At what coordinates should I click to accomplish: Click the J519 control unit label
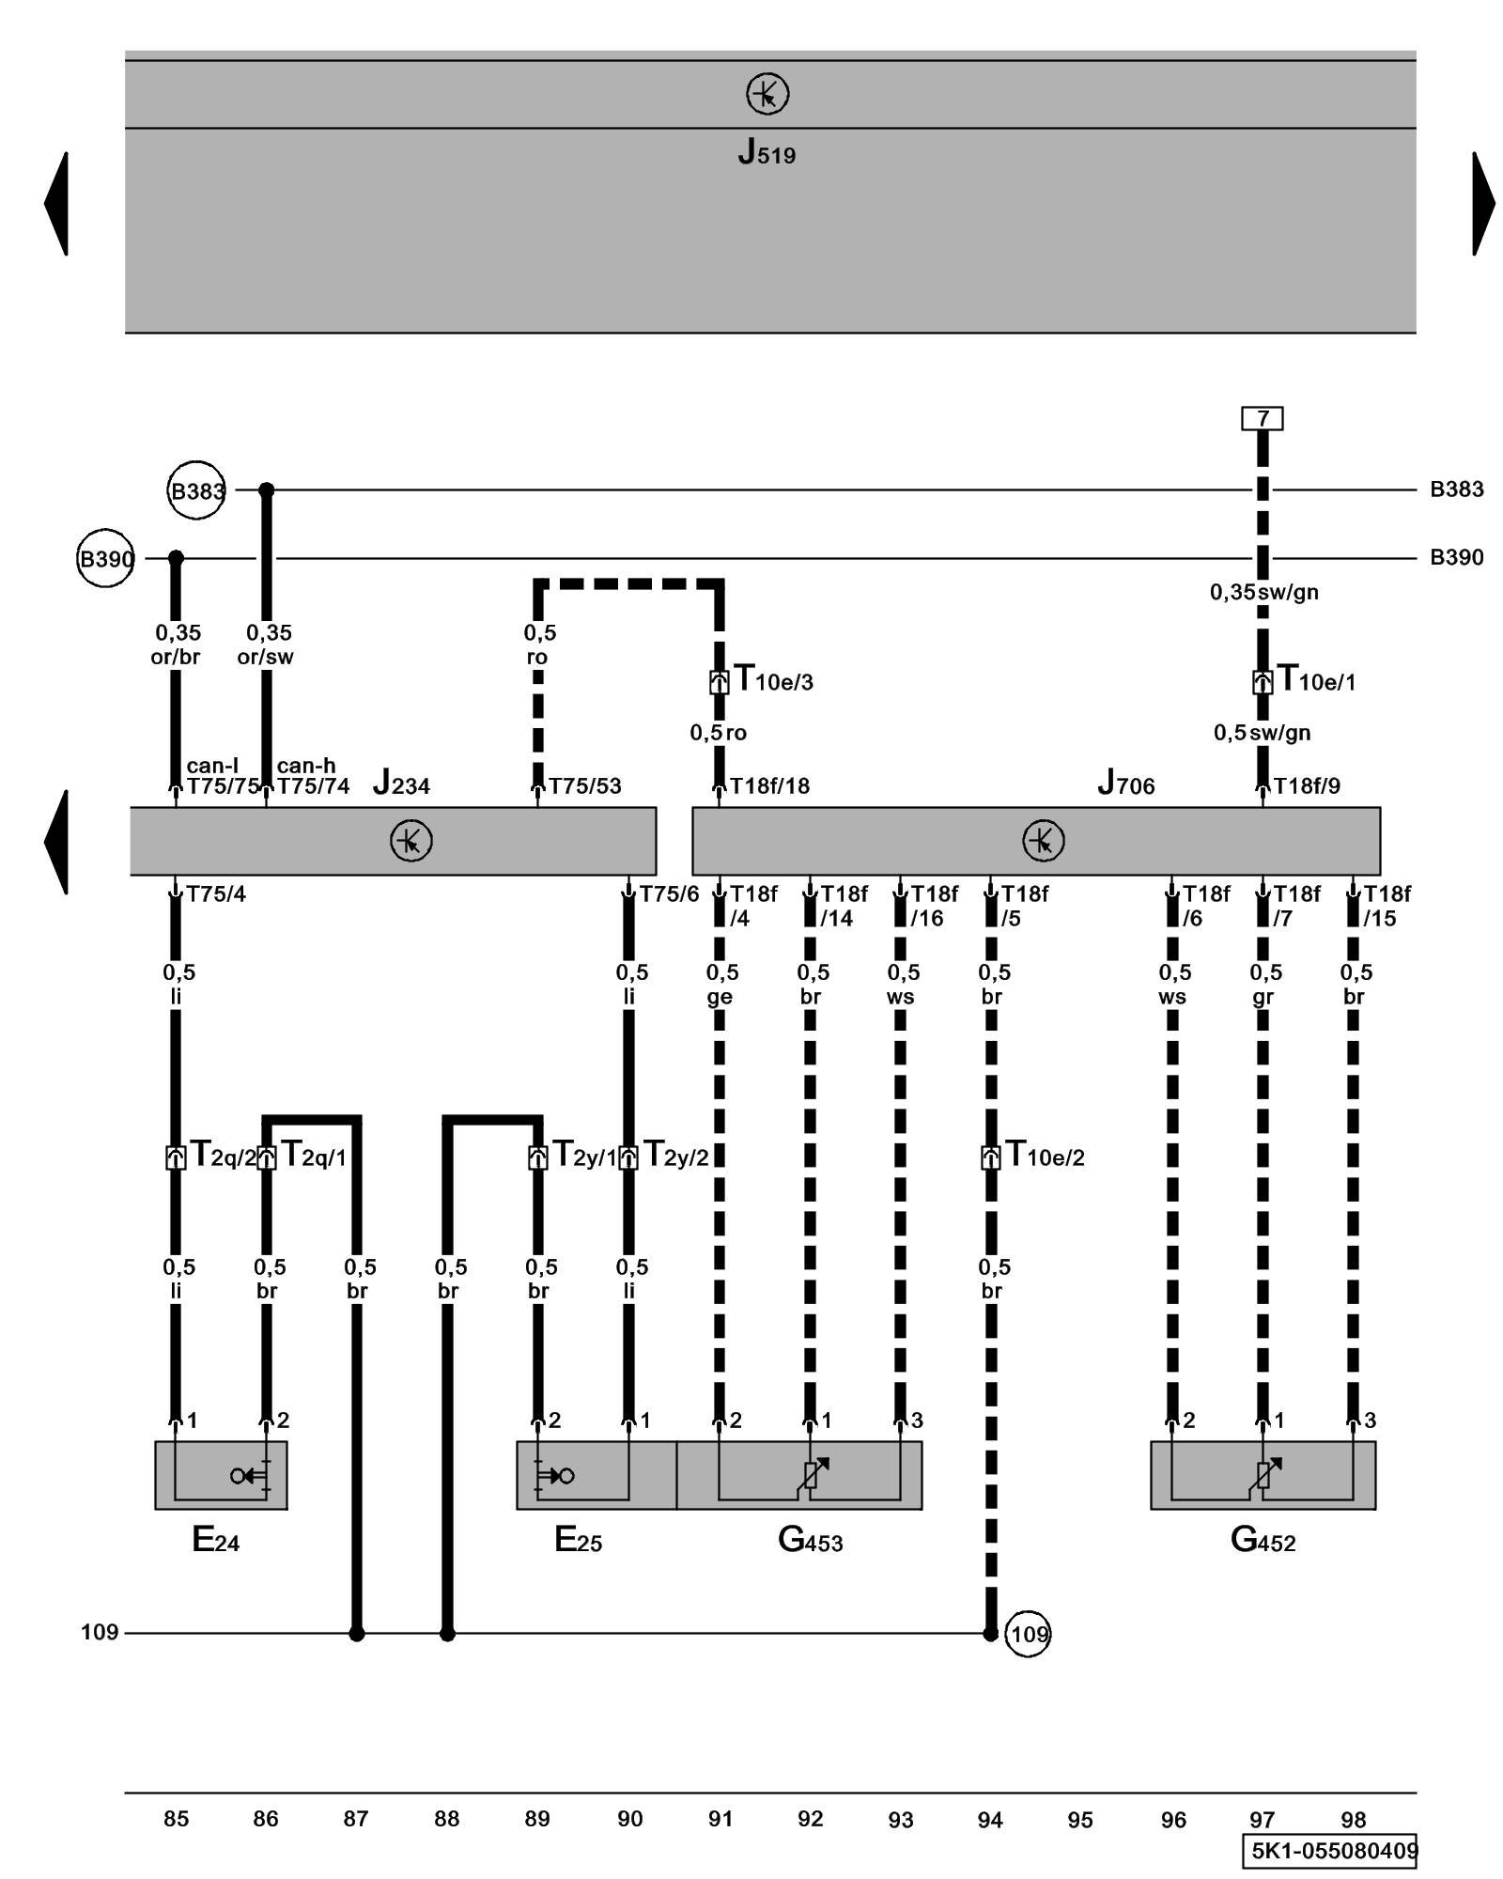click(x=767, y=152)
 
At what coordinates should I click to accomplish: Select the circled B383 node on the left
click(x=196, y=490)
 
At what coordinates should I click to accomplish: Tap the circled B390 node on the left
click(x=105, y=559)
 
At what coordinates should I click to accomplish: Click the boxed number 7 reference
click(x=1262, y=418)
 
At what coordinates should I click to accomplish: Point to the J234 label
click(x=401, y=783)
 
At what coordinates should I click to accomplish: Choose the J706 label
click(x=1125, y=783)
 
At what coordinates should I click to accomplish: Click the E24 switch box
click(x=221, y=1475)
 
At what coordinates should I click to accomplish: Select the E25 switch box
click(x=596, y=1475)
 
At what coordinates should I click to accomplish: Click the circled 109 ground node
click(x=1028, y=1634)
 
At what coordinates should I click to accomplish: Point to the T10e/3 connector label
click(x=772, y=679)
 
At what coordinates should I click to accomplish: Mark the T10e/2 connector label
click(x=1045, y=1155)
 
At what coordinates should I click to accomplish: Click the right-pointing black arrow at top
click(x=1483, y=203)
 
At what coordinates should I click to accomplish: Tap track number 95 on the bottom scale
click(x=1080, y=1820)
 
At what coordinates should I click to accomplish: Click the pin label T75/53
click(x=584, y=786)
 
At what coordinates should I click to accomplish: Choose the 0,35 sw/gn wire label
click(x=1263, y=592)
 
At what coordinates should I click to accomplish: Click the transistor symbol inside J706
click(x=1043, y=840)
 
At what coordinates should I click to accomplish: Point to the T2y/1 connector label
click(x=584, y=1155)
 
